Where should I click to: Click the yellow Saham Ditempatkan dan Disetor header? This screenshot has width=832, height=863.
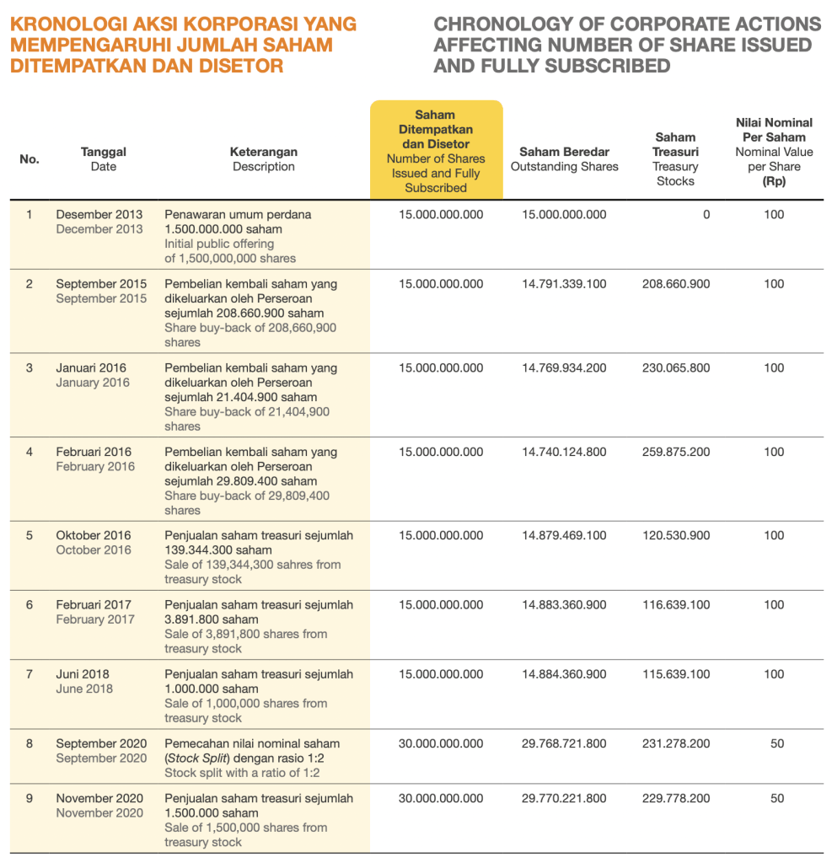tap(436, 151)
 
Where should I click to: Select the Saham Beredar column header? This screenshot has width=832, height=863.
tap(564, 158)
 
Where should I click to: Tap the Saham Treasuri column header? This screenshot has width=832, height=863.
tap(675, 158)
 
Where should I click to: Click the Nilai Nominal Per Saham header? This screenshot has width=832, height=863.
tap(774, 152)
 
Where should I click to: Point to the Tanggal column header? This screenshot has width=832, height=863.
tap(104, 158)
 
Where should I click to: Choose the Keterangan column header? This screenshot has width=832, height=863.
tap(264, 158)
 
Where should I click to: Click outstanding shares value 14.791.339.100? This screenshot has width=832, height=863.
tap(564, 284)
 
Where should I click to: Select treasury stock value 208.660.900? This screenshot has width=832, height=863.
tap(675, 284)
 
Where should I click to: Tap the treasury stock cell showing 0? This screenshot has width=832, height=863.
tap(706, 215)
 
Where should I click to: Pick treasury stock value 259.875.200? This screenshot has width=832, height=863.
tap(675, 452)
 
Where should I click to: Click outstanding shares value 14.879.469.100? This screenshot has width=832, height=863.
tap(564, 535)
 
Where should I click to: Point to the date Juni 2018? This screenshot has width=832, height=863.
tap(83, 674)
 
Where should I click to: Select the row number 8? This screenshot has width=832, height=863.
tap(30, 743)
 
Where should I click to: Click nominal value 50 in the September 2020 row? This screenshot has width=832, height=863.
tap(777, 743)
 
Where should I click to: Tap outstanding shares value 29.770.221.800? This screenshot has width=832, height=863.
tap(564, 798)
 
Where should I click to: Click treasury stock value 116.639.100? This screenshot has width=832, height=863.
tap(675, 605)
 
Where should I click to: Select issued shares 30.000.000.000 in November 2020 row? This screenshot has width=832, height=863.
tap(441, 798)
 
